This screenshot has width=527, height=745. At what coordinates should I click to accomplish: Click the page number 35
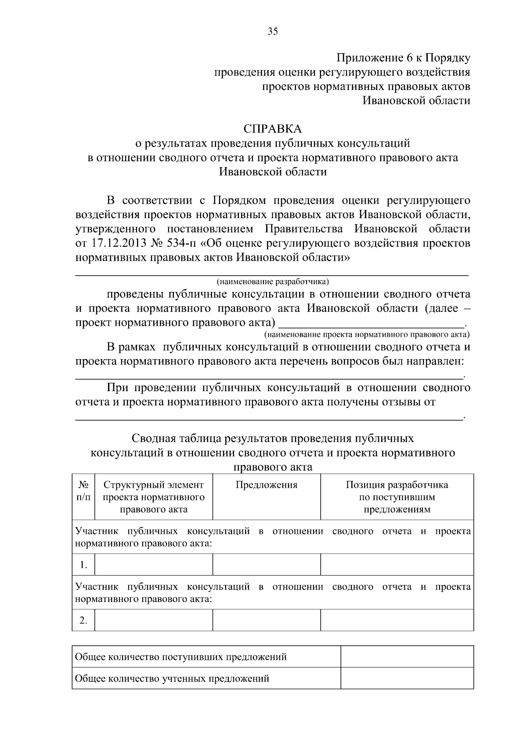tap(273, 31)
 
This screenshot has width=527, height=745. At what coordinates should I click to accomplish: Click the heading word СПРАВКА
tap(273, 129)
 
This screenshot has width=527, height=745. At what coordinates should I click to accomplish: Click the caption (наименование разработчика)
tap(272, 281)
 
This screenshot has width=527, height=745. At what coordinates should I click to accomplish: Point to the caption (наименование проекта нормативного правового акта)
tap(367, 335)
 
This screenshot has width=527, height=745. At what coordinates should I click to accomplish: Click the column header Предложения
tap(267, 485)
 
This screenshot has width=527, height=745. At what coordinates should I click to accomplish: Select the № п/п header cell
tap(83, 491)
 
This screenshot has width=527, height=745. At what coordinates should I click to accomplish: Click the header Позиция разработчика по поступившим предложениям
tap(397, 497)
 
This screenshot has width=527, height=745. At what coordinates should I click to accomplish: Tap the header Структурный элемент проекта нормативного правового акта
tap(154, 497)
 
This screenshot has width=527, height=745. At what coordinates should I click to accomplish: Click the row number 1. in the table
tap(83, 565)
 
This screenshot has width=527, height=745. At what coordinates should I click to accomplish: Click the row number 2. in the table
tap(83, 620)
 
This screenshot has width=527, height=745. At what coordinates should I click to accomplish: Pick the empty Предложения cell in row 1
tap(267, 565)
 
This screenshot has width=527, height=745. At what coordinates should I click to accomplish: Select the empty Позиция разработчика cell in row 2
tap(397, 620)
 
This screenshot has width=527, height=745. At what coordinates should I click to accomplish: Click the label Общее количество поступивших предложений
tap(181, 657)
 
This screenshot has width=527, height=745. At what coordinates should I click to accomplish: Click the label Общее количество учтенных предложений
tap(172, 679)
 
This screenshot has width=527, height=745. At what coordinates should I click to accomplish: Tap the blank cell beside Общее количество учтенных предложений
tap(407, 678)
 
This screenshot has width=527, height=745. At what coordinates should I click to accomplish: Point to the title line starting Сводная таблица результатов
tap(273, 439)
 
